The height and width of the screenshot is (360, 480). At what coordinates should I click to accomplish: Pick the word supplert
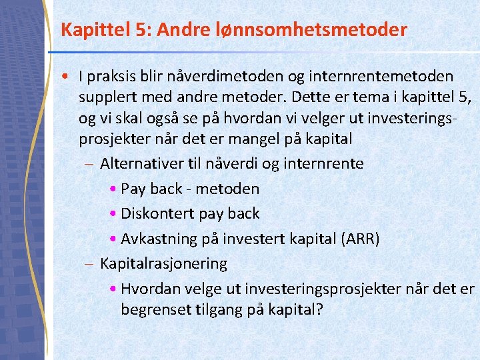(x=108, y=97)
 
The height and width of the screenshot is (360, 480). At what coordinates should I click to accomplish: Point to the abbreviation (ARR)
(x=361, y=238)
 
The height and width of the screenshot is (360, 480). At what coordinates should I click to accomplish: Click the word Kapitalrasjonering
(x=163, y=263)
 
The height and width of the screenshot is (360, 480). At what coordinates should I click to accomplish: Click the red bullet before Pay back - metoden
(x=113, y=189)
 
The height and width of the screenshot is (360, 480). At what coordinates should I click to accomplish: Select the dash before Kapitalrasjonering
(x=90, y=264)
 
